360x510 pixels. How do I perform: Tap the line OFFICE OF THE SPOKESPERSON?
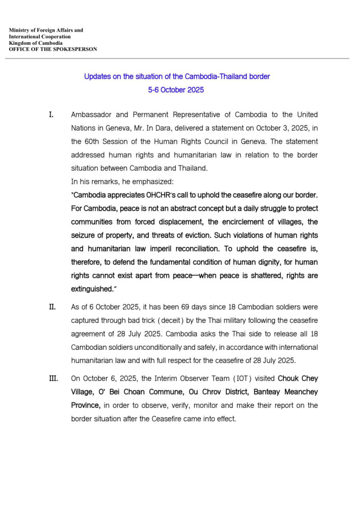click(53, 49)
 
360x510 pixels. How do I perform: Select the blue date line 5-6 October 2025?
click(176, 90)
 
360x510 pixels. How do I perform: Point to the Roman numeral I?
click(51, 114)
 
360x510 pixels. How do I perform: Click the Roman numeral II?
click(52, 308)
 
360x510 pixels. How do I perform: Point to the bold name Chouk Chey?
click(297, 379)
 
